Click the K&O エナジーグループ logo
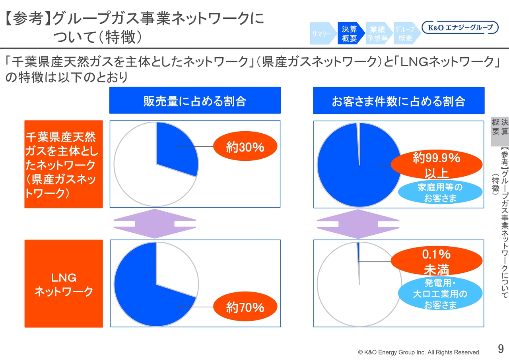(460, 27)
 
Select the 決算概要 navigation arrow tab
(351, 33)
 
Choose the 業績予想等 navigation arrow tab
(379, 33)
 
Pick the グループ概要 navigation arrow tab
(407, 33)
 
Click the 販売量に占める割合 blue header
(195, 100)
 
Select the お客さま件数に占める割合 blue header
(399, 101)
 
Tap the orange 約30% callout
(245, 146)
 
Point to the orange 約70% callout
(245, 306)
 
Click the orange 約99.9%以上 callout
(437, 164)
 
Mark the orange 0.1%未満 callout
(437, 261)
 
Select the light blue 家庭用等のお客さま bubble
(440, 192)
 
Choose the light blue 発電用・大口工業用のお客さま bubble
(440, 293)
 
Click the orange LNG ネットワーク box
(64, 284)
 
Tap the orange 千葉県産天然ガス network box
(64, 164)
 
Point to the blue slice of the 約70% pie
(146, 296)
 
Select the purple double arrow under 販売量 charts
(155, 224)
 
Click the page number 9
(501, 348)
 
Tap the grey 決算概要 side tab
(500, 132)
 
